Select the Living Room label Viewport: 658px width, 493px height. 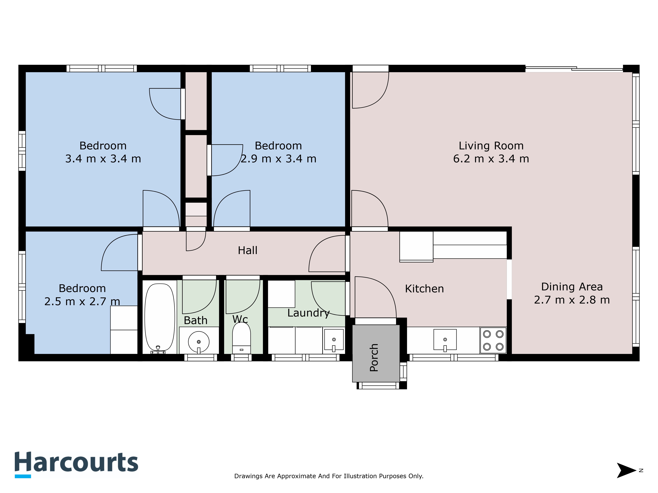491,146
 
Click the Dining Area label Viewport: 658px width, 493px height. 572,287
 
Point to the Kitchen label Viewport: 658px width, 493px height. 424,289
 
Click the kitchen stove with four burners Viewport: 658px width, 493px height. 493,340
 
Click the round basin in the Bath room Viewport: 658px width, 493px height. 199,342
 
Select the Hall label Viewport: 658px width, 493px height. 248,250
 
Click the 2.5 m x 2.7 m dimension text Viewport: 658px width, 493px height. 82,301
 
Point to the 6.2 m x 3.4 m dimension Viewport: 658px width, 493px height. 491,159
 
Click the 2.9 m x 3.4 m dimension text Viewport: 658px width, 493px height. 278,159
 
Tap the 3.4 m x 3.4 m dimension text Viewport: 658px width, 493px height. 103,159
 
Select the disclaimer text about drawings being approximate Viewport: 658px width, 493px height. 329,476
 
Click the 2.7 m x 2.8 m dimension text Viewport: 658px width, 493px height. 572,300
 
